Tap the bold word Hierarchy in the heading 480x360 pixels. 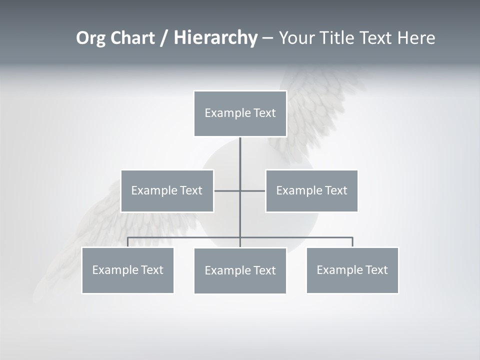215,38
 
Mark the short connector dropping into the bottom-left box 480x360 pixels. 127,242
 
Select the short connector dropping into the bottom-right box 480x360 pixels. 352,242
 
